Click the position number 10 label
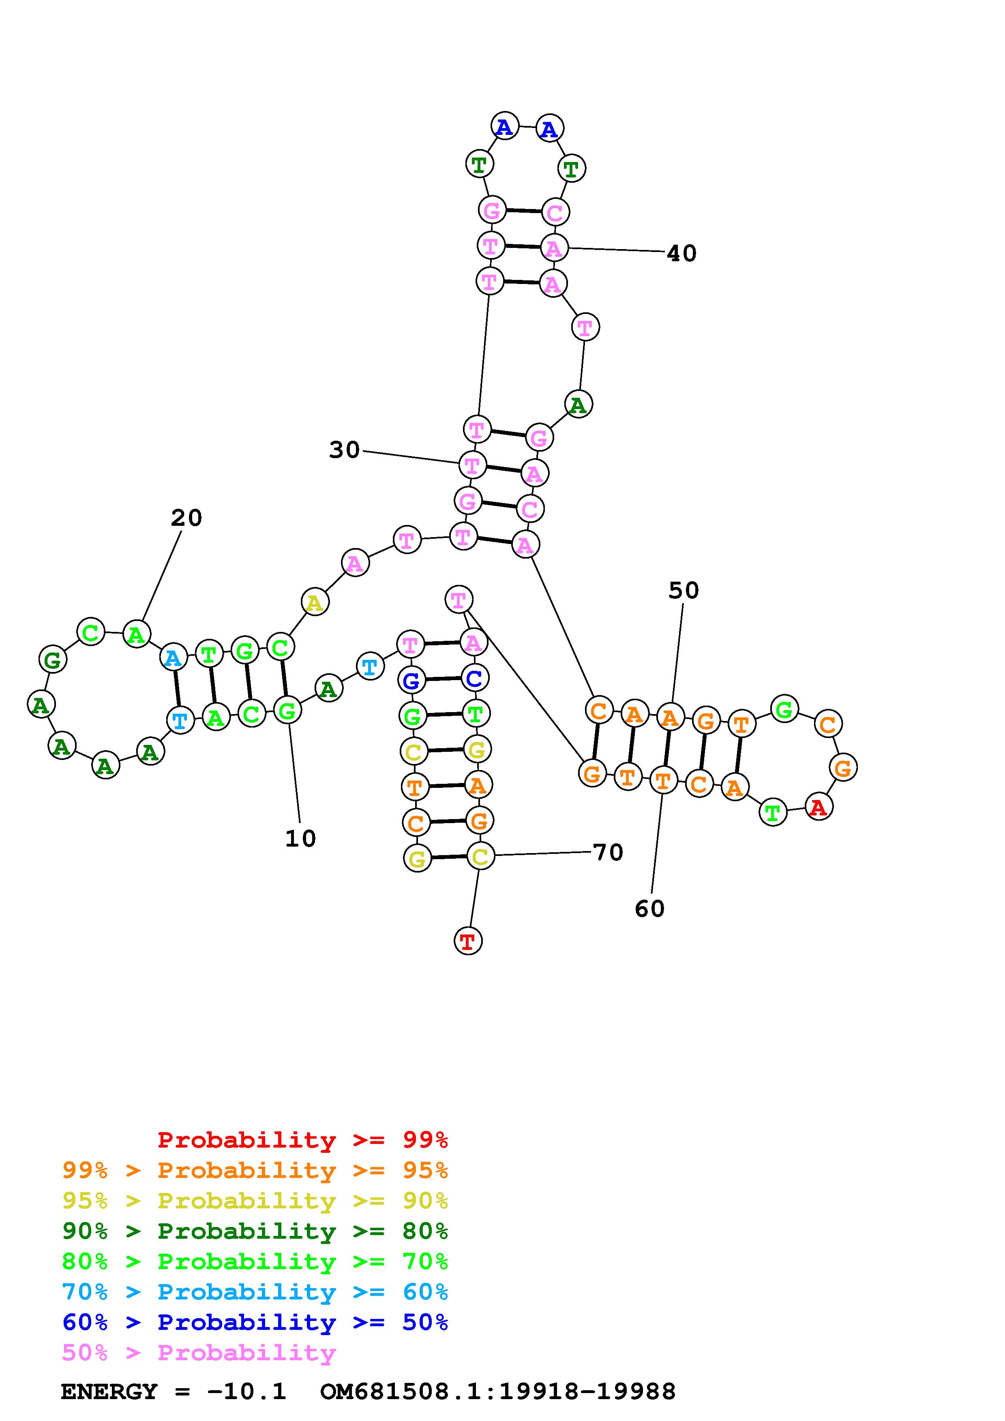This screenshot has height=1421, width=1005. click(300, 839)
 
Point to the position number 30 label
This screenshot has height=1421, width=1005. click(344, 450)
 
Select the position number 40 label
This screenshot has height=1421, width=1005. click(682, 253)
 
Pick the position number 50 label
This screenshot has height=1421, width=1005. click(684, 591)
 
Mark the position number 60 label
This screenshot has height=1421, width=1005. click(649, 909)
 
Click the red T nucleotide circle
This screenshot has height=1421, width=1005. click(468, 941)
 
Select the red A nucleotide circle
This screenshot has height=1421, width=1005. click(819, 807)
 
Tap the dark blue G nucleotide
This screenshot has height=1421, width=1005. click(411, 681)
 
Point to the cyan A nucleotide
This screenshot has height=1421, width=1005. click(174, 658)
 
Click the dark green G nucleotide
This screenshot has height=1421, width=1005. click(53, 660)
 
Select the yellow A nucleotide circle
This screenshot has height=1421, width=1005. click(315, 602)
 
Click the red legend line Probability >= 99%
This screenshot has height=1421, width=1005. click(303, 1139)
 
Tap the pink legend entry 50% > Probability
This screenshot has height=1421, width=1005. click(199, 1352)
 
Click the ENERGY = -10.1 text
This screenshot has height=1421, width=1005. click(174, 1391)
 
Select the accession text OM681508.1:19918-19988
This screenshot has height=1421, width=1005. click(498, 1391)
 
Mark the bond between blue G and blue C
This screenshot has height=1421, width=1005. click(443, 680)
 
